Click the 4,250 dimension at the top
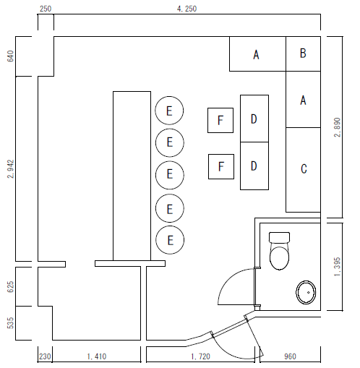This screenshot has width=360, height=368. (x=187, y=9)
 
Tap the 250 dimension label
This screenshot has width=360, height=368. (x=46, y=9)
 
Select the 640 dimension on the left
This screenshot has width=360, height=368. (x=11, y=56)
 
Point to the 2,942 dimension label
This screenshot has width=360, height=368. (x=11, y=168)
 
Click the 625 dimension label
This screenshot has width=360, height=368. (x=11, y=287)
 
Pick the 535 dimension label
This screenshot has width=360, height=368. (x=11, y=323)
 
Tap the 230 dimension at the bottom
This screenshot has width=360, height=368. (x=45, y=356)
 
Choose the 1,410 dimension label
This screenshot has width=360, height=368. (x=97, y=356)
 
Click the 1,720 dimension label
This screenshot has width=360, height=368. (x=200, y=356)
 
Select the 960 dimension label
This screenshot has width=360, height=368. (x=290, y=356)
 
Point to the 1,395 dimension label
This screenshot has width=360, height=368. (x=338, y=267)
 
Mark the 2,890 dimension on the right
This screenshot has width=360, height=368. (x=338, y=127)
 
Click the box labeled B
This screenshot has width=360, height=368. (x=303, y=54)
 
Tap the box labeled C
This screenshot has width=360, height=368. (x=303, y=170)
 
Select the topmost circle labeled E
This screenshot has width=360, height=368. (x=169, y=111)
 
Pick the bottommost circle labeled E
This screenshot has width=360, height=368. (x=170, y=240)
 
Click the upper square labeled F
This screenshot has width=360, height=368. (x=220, y=120)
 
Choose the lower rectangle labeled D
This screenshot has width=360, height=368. (x=254, y=166)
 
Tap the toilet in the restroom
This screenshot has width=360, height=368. (x=279, y=251)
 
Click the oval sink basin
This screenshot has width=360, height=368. (x=306, y=292)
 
